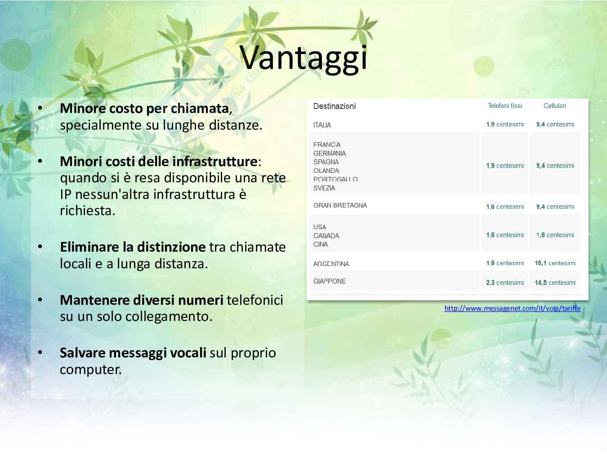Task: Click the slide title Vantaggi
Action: tap(303, 59)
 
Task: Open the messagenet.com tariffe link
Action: tap(513, 308)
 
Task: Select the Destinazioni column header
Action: tap(335, 106)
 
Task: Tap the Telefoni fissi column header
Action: tap(504, 106)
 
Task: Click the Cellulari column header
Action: tap(554, 106)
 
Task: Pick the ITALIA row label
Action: tap(322, 125)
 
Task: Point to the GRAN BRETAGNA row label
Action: tap(340, 205)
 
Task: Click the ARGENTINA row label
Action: tap(331, 264)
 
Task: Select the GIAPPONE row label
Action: tap(330, 281)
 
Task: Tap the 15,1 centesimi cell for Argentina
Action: tap(555, 263)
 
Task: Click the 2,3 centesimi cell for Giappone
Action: tap(504, 283)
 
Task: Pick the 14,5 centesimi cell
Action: tap(555, 283)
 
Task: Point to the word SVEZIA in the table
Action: tap(324, 188)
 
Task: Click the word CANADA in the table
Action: tap(326, 236)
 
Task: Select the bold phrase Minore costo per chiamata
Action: tap(144, 108)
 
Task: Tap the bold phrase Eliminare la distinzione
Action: tap(133, 247)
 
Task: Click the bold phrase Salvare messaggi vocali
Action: tap(133, 353)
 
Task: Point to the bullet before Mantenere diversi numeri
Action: tap(40, 299)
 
